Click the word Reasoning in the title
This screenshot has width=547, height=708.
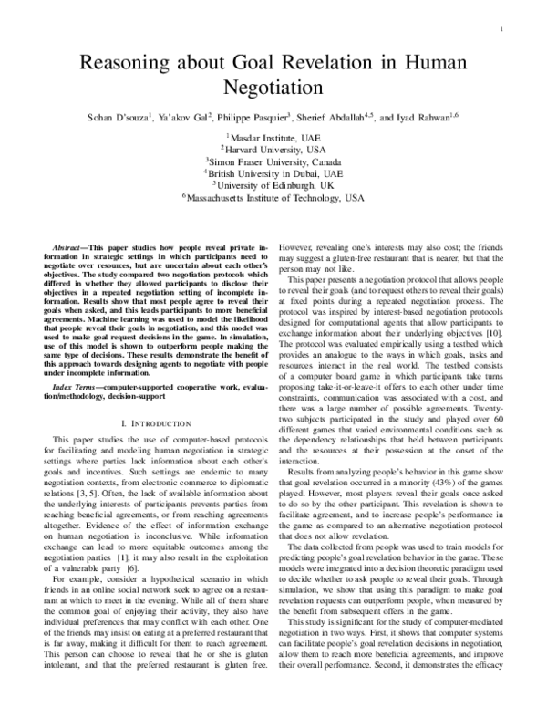point(126,63)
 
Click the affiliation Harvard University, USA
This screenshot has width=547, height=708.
point(274,146)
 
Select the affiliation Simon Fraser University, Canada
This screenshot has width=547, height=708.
point(274,159)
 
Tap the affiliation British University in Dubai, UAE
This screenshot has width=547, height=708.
point(274,171)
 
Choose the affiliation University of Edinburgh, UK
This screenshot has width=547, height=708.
point(274,183)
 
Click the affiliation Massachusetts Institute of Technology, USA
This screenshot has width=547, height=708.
point(274,196)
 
